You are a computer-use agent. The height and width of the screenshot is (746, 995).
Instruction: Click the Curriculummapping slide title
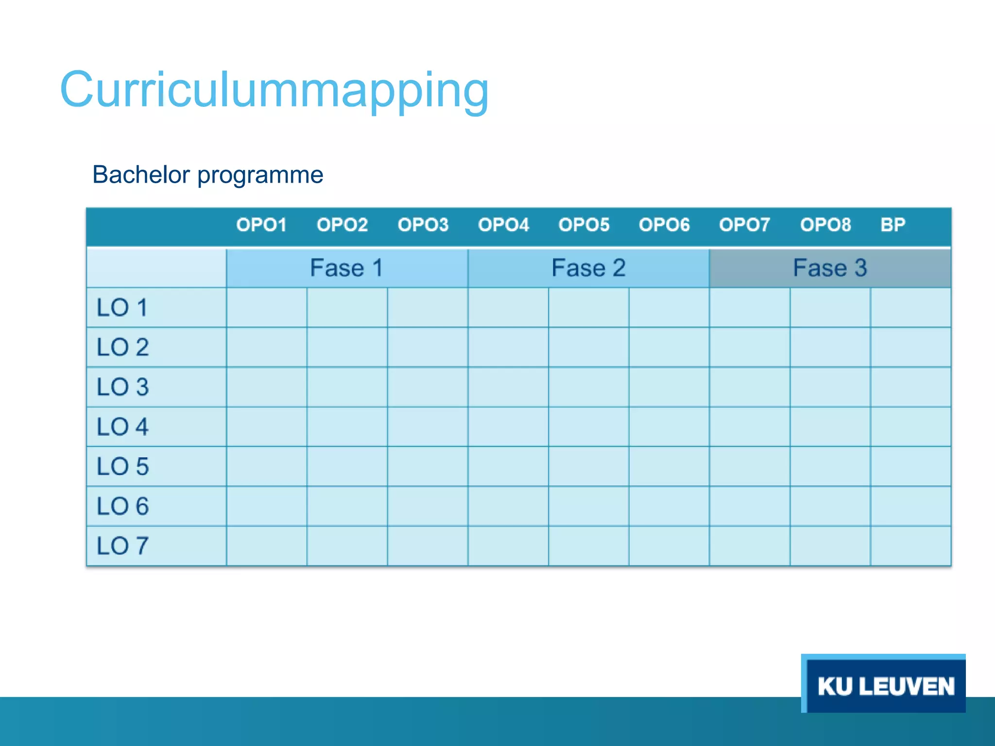[x=274, y=90]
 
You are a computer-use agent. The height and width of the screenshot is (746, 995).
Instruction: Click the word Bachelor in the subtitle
[x=141, y=175]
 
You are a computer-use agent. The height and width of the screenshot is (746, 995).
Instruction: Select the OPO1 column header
[x=261, y=225]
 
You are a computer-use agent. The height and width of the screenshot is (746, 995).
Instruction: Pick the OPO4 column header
[x=503, y=225]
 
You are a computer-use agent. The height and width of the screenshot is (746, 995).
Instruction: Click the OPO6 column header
[x=664, y=225]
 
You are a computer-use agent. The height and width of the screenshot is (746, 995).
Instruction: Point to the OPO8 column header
[x=825, y=225]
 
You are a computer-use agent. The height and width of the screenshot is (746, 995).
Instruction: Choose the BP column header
[x=893, y=225]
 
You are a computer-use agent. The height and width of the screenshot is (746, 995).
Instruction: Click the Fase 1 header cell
[x=347, y=268]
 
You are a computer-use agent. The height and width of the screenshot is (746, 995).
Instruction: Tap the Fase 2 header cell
[x=588, y=268]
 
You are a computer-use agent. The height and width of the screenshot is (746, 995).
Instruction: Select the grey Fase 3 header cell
[x=830, y=268]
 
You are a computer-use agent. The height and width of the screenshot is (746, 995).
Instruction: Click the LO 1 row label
[x=122, y=308]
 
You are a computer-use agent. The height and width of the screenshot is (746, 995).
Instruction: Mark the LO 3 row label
[x=122, y=387]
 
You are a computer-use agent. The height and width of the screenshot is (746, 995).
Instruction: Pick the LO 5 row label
[x=122, y=467]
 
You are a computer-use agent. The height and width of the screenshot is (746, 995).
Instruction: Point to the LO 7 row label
[x=122, y=546]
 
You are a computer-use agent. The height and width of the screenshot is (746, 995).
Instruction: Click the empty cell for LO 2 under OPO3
[x=428, y=347]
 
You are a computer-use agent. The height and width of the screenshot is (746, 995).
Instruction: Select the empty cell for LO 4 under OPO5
[x=588, y=427]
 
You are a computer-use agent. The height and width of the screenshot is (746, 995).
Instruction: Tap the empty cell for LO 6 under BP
[x=910, y=506]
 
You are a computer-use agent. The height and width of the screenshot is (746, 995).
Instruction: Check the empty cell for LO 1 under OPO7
[x=750, y=308]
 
